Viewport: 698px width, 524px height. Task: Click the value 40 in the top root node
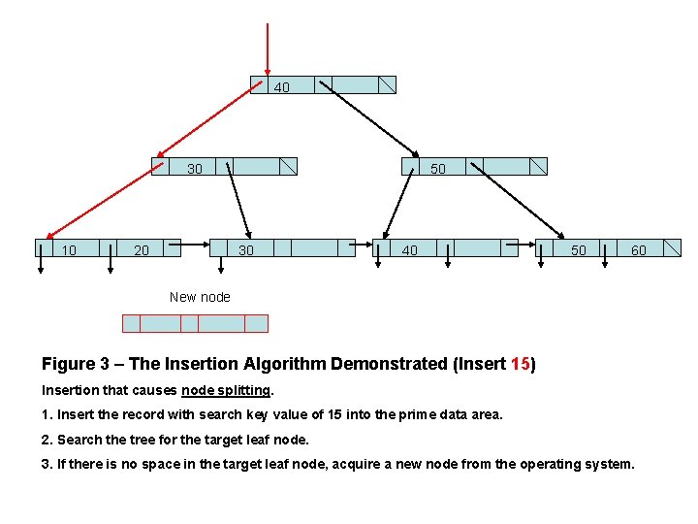[x=281, y=87]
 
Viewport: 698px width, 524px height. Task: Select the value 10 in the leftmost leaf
[x=69, y=250]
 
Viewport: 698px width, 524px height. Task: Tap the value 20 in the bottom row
[x=142, y=250]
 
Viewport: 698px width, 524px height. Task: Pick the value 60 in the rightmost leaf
[x=639, y=250]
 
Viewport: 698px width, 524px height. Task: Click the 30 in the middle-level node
[x=195, y=169]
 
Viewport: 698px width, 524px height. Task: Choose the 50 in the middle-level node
[x=438, y=169]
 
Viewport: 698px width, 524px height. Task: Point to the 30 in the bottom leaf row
[x=246, y=250]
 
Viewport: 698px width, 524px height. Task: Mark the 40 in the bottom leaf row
[x=410, y=250]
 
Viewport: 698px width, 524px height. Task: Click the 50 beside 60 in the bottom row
[x=578, y=250]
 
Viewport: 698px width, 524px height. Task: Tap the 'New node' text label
[x=200, y=297]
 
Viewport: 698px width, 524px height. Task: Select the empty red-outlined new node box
[x=195, y=323]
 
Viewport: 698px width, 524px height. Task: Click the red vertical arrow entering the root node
[x=268, y=44]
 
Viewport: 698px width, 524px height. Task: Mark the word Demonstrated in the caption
[x=388, y=365]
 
